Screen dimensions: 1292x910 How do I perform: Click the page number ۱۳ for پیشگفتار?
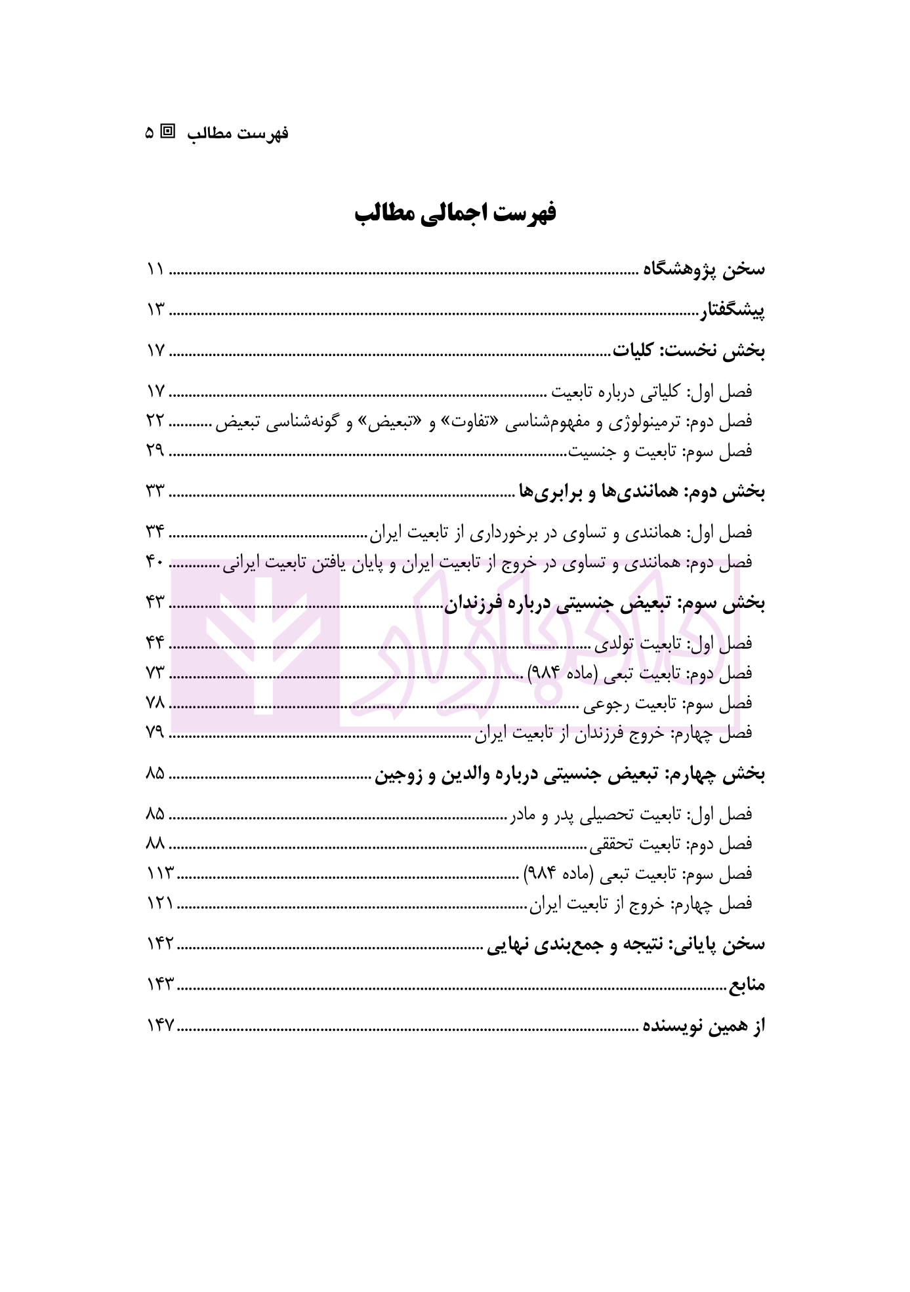pyautogui.click(x=155, y=310)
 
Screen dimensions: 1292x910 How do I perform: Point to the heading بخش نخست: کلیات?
pyautogui.click(x=689, y=351)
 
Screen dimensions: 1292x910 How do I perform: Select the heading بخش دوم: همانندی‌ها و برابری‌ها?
pyautogui.click(x=642, y=491)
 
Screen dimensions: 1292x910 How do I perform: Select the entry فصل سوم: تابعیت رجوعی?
pyautogui.click(x=669, y=704)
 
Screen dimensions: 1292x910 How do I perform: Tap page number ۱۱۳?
pyautogui.click(x=159, y=874)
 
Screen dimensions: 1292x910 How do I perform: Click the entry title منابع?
pyautogui.click(x=747, y=984)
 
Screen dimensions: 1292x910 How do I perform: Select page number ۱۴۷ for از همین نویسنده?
pyautogui.click(x=159, y=1026)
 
